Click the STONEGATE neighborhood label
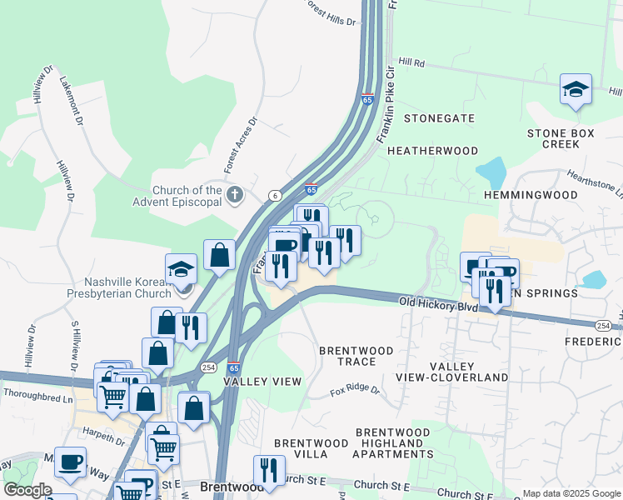click(439, 118)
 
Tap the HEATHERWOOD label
click(433, 151)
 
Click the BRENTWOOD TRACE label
click(356, 356)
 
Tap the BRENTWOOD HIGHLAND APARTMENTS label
click(393, 443)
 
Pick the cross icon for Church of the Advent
click(235, 196)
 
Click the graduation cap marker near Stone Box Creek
click(576, 88)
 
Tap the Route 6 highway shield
click(273, 195)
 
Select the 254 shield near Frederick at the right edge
click(602, 323)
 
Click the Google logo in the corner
click(27, 490)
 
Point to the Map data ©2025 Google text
click(571, 493)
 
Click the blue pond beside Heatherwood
click(491, 173)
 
